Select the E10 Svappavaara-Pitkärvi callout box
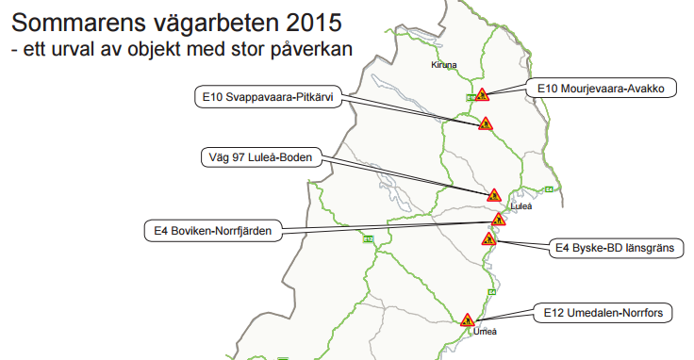click(269, 97)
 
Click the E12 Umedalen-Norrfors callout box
click(603, 312)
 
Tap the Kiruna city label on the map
click(443, 65)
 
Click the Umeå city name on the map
click(484, 332)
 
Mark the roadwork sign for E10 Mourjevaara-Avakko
click(482, 94)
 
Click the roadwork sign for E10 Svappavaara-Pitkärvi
click(486, 123)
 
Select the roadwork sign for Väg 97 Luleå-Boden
click(494, 195)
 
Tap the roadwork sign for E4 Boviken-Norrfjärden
click(498, 220)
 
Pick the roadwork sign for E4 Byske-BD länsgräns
click(489, 239)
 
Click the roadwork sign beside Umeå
click(466, 319)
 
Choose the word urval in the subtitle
click(66, 46)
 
